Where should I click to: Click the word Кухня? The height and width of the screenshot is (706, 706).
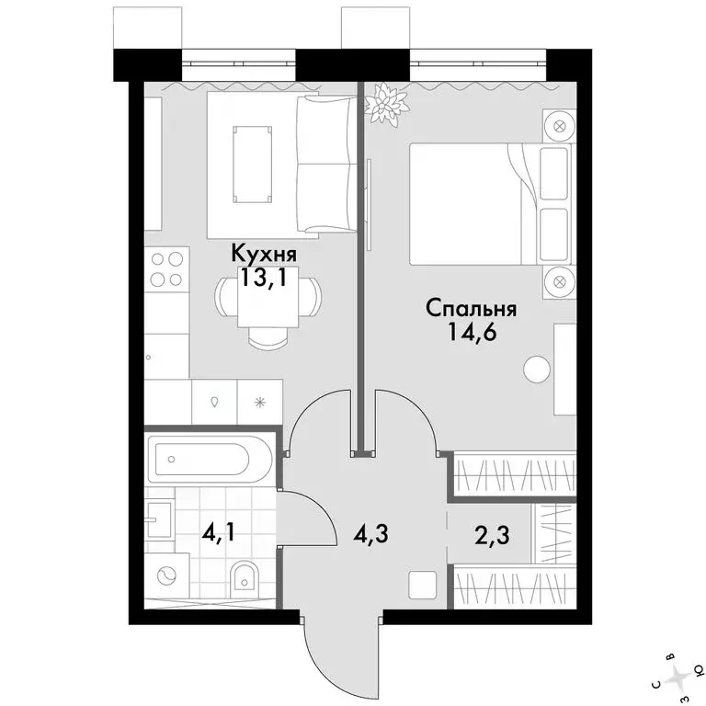pos(264,255)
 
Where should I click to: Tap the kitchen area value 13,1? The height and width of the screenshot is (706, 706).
pos(264,278)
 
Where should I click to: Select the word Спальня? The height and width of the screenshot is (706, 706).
pos(471,309)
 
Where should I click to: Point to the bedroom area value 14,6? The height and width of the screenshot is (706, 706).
pos(472,333)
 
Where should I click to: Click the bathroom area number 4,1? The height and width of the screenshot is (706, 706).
pos(219,534)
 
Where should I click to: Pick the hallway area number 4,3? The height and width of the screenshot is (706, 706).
pos(371,534)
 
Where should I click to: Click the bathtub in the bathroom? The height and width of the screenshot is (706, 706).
pos(209,460)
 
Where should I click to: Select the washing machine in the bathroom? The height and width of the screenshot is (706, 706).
pos(167,575)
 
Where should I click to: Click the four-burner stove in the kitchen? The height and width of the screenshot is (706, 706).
pos(167,269)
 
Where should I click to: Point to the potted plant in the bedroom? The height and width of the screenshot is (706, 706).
pos(387,104)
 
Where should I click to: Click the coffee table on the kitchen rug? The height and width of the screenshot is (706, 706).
pos(253,165)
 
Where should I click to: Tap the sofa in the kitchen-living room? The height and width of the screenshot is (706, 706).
pos(326,165)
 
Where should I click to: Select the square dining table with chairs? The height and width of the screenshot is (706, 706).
pos(268,312)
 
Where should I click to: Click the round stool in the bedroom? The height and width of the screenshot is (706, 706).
pos(537,370)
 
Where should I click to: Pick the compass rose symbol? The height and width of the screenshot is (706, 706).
pos(678,677)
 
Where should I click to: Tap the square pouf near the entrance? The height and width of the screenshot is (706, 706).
pos(422,585)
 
